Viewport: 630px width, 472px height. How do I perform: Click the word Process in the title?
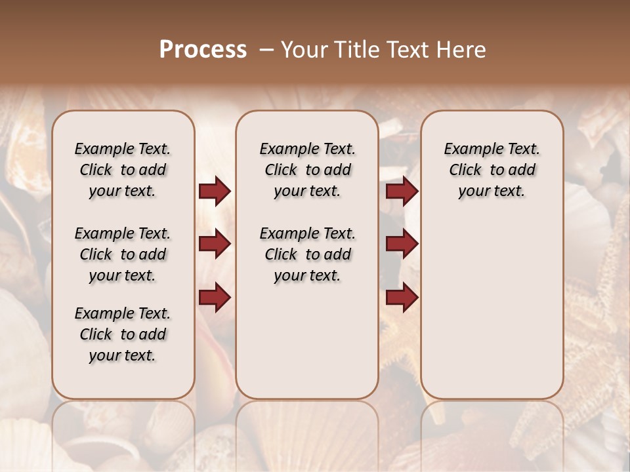tap(203, 50)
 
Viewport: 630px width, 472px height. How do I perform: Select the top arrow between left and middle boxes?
tap(215, 191)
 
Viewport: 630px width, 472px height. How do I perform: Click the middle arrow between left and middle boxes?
tap(215, 244)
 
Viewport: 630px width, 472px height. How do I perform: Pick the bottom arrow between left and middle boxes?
tap(215, 297)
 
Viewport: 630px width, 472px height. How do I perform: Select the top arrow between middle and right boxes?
tap(402, 191)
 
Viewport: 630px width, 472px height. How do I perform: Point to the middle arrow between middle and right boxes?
tap(402, 244)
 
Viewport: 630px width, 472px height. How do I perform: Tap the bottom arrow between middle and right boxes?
tap(402, 297)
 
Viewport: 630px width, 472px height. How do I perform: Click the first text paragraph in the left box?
tap(123, 170)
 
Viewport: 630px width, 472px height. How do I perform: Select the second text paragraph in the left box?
tap(123, 254)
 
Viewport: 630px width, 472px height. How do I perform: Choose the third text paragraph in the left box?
tap(123, 334)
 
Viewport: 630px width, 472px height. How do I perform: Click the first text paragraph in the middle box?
tap(307, 170)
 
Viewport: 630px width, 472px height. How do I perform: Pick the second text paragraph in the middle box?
tap(307, 254)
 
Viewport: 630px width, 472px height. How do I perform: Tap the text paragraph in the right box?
tap(492, 170)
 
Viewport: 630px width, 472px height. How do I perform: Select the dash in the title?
tap(266, 50)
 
